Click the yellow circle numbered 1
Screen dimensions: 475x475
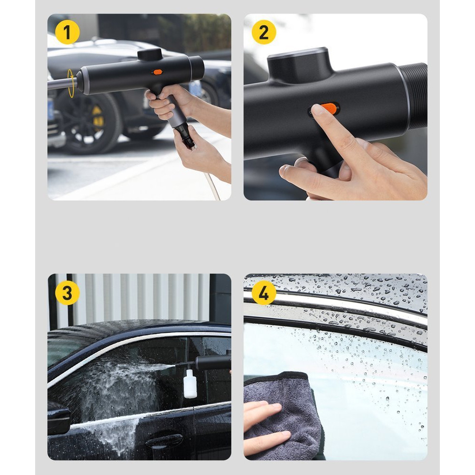67,32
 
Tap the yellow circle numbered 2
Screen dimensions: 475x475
264,32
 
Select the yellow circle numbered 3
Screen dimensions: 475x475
67,293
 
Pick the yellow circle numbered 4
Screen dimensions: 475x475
264,293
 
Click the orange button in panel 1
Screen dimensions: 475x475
158,72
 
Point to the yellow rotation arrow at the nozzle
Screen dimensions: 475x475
71,83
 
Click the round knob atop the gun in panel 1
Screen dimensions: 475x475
150,54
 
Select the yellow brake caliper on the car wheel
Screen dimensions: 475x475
97,118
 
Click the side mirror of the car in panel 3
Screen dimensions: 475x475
58,418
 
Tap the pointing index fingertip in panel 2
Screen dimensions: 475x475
318,110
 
